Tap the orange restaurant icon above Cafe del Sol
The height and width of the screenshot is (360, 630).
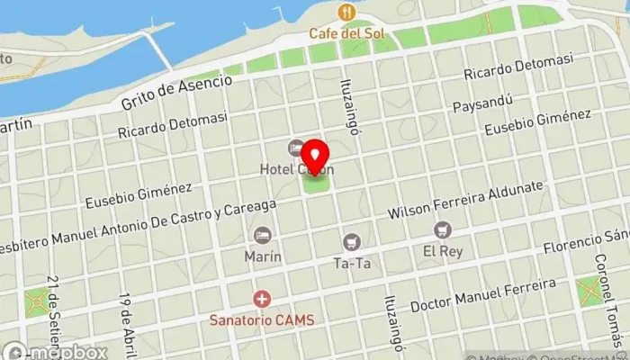[x=346, y=13]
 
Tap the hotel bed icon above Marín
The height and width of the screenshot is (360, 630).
[x=263, y=235]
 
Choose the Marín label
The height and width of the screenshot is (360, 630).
[x=263, y=256]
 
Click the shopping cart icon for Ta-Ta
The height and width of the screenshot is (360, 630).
[x=351, y=241]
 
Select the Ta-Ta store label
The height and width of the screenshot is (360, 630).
[x=351, y=264]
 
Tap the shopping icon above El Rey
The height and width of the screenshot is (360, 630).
[x=442, y=230]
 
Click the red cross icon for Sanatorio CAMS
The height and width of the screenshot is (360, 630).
[x=262, y=298]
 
